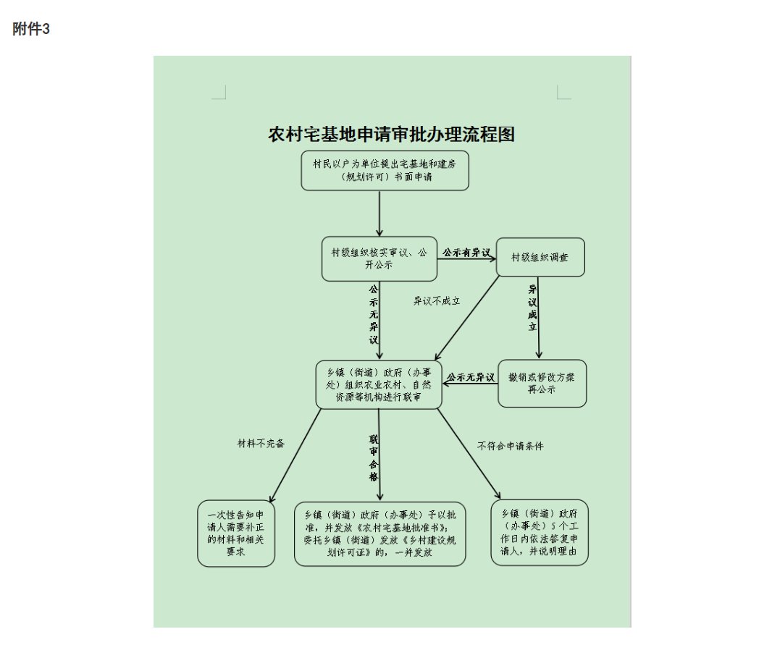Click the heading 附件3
coord(31,30)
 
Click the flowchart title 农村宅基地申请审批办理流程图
coord(391,135)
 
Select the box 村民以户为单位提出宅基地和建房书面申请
coord(385,171)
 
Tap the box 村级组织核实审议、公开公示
coord(379,258)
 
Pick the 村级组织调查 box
coord(540,257)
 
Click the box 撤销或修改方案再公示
coord(542,383)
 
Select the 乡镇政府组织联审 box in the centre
coord(378,384)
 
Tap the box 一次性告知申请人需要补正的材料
coord(236,533)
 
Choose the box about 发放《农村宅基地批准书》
coord(379,533)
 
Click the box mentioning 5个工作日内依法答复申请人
coord(539,532)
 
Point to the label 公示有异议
coord(466,253)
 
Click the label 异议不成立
coord(437,300)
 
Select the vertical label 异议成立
coord(532,308)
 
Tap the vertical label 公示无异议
coord(373,314)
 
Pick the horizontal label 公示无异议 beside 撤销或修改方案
coord(470,377)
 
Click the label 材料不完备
coord(261,443)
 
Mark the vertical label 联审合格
coord(373,457)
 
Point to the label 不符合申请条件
coord(510,446)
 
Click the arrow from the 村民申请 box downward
coord(379,213)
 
